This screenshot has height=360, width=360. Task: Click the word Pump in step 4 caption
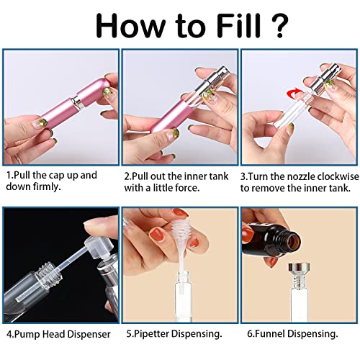point(27,334)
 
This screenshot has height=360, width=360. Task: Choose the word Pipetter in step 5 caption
point(152,333)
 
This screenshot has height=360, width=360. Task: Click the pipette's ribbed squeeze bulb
point(180,228)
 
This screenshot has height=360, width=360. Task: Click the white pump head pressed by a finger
point(99,246)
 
